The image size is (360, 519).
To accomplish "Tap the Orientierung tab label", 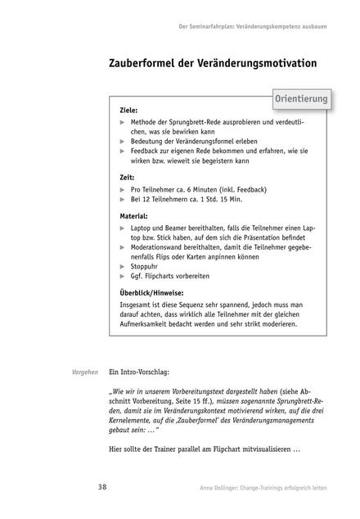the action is click(301, 99).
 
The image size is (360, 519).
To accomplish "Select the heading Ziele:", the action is click(128, 109).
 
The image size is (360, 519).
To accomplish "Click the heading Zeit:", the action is click(127, 176).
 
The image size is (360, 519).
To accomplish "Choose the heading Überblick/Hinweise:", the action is click(151, 293).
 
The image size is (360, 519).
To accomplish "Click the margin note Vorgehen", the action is click(88, 372).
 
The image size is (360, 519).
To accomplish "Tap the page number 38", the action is click(101, 487).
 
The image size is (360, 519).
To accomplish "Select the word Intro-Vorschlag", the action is click(148, 372).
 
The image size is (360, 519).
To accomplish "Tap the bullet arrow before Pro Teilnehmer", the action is click(123, 188).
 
